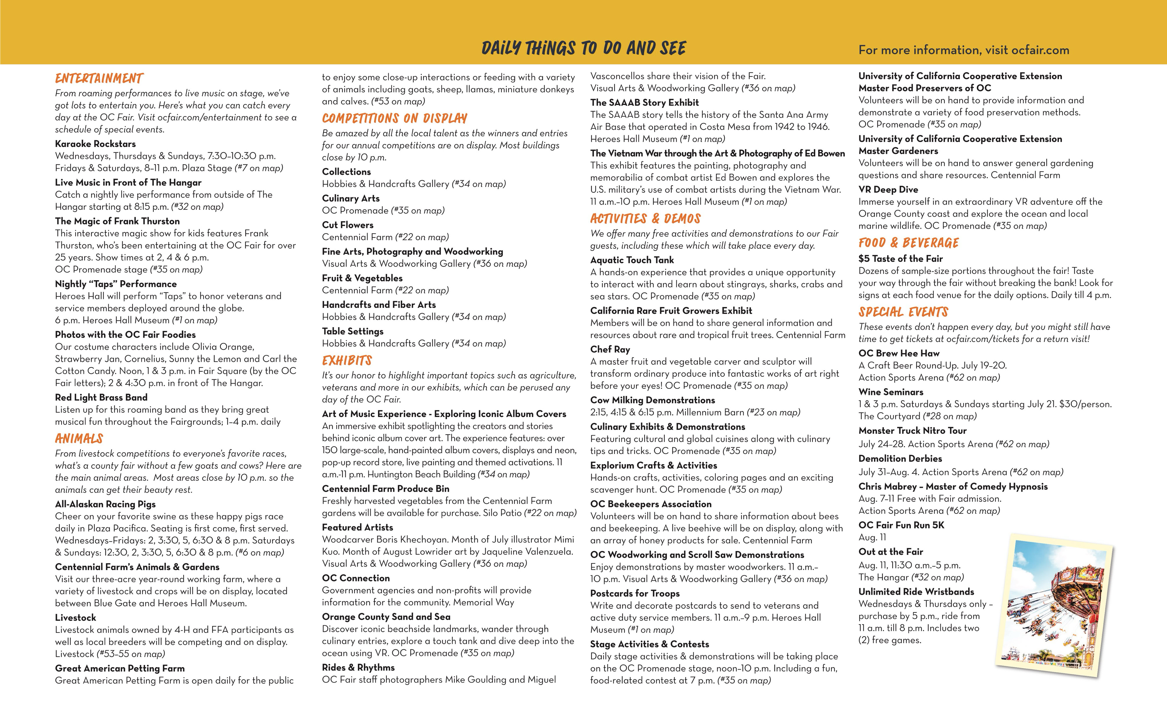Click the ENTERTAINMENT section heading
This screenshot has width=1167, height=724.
99,78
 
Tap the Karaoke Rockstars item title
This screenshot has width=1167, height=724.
95,144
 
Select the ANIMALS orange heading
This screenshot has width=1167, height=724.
79,439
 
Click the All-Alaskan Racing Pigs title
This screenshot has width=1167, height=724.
105,504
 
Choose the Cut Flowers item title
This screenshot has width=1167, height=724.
347,225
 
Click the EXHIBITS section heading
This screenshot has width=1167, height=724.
347,361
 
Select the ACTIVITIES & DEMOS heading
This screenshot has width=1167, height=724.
645,219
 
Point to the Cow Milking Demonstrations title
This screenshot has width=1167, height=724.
652,400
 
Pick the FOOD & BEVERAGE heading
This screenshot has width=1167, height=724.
908,243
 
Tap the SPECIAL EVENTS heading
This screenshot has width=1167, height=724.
903,312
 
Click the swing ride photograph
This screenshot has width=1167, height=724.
1054,606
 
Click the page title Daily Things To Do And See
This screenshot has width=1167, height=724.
583,48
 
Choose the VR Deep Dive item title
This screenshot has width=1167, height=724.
888,190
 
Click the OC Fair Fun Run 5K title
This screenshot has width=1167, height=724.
901,525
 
